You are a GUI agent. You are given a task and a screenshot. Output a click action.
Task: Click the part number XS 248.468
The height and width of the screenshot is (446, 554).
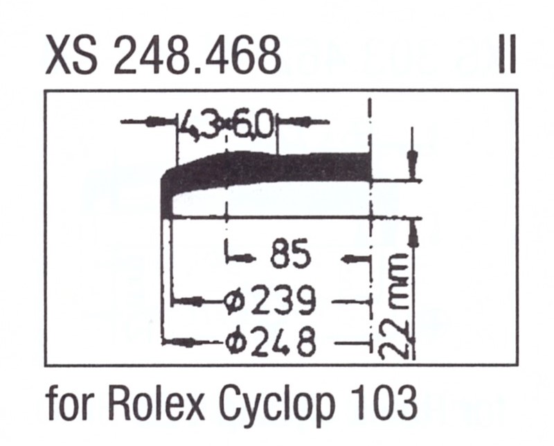(x=163, y=55)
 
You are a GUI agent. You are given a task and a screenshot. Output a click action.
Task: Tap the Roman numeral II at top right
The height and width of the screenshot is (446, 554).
(x=506, y=55)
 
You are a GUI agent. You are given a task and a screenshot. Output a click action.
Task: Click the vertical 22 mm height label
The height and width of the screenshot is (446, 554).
(x=396, y=305)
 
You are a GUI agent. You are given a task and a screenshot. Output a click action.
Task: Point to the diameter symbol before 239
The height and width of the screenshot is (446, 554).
(x=236, y=301)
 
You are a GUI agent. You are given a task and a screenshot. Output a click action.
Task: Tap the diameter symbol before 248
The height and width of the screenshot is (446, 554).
(x=236, y=341)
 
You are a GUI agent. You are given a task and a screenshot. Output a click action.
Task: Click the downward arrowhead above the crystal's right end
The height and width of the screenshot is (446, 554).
(x=413, y=165)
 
